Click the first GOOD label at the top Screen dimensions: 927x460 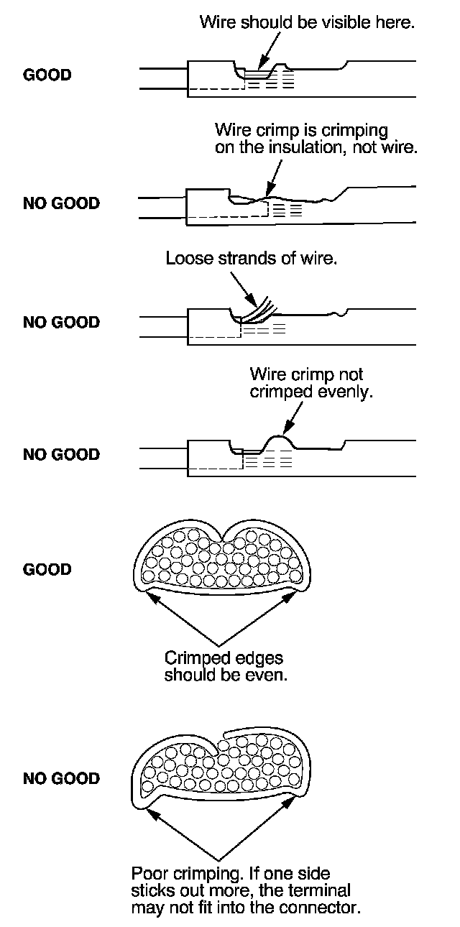(47, 75)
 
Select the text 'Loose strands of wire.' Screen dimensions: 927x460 (251, 258)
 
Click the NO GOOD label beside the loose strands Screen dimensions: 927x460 (61, 322)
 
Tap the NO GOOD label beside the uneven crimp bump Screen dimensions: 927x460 (61, 454)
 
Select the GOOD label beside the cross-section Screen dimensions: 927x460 (47, 570)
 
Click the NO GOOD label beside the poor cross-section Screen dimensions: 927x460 (61, 778)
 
